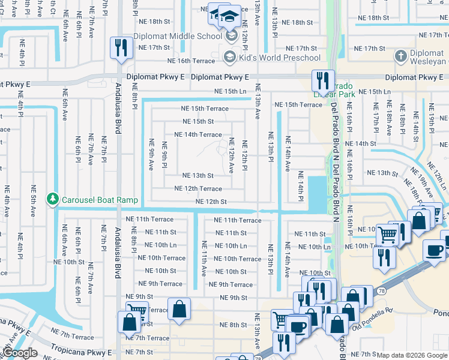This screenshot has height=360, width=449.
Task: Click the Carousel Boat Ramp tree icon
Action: tap(53, 199)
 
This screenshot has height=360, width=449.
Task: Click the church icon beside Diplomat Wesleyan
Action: tap(400, 57)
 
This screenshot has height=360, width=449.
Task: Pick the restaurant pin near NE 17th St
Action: tap(121, 48)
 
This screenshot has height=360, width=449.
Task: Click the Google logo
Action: tap(19, 353)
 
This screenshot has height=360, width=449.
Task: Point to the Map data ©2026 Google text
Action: tap(412, 355)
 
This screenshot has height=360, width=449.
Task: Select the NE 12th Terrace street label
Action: tap(197, 188)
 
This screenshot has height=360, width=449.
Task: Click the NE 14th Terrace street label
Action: tap(197, 134)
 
